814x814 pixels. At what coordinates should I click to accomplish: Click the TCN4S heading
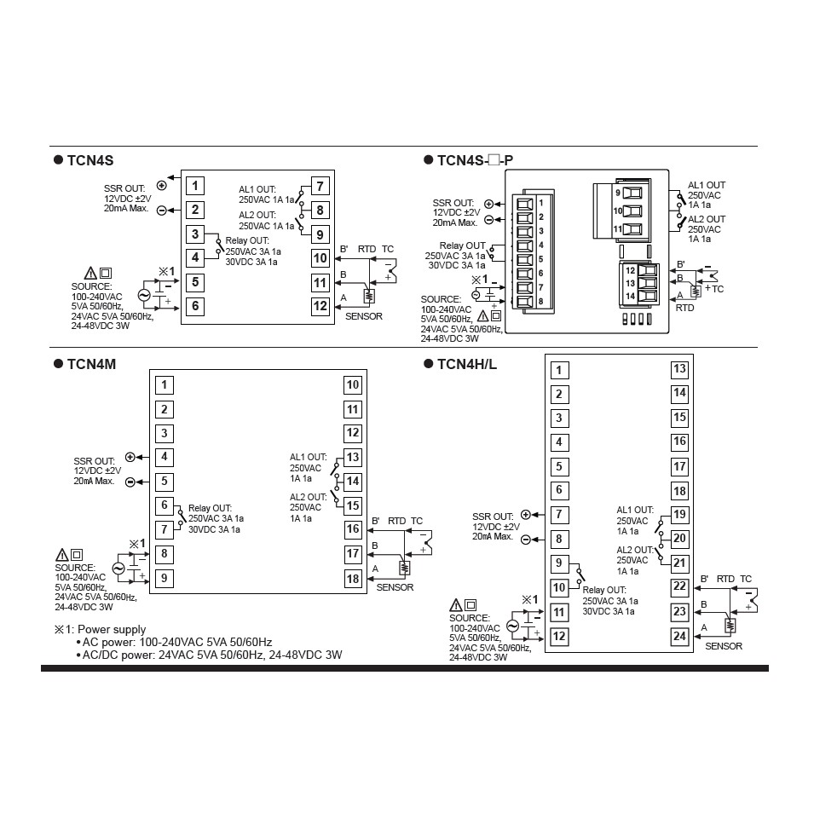pos(89,160)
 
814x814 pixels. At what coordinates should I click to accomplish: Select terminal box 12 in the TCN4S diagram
pos(320,306)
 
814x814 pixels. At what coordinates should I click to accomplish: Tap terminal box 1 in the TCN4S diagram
pos(195,186)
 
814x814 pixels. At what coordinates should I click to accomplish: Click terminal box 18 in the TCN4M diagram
pos(353,578)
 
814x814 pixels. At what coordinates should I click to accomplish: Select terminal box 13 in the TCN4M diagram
pos(353,457)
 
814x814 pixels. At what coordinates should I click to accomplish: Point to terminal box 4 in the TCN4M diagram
pos(165,457)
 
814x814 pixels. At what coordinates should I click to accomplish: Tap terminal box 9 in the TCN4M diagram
pos(165,578)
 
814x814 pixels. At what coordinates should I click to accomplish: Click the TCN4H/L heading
pos(466,364)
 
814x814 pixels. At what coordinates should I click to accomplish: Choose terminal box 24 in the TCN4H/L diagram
pos(679,636)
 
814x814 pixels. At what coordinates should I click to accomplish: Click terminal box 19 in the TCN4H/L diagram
pos(679,514)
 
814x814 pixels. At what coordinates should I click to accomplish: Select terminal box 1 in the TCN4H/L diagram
pos(559,370)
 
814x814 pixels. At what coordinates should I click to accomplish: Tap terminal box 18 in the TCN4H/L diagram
pos(679,490)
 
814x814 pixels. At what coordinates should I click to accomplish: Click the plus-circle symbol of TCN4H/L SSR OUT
pos(525,515)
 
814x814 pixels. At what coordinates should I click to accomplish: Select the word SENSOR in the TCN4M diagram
pos(395,587)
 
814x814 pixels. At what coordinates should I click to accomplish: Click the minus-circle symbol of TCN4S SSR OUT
pos(162,210)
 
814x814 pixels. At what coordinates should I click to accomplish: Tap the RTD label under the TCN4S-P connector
pos(684,308)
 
